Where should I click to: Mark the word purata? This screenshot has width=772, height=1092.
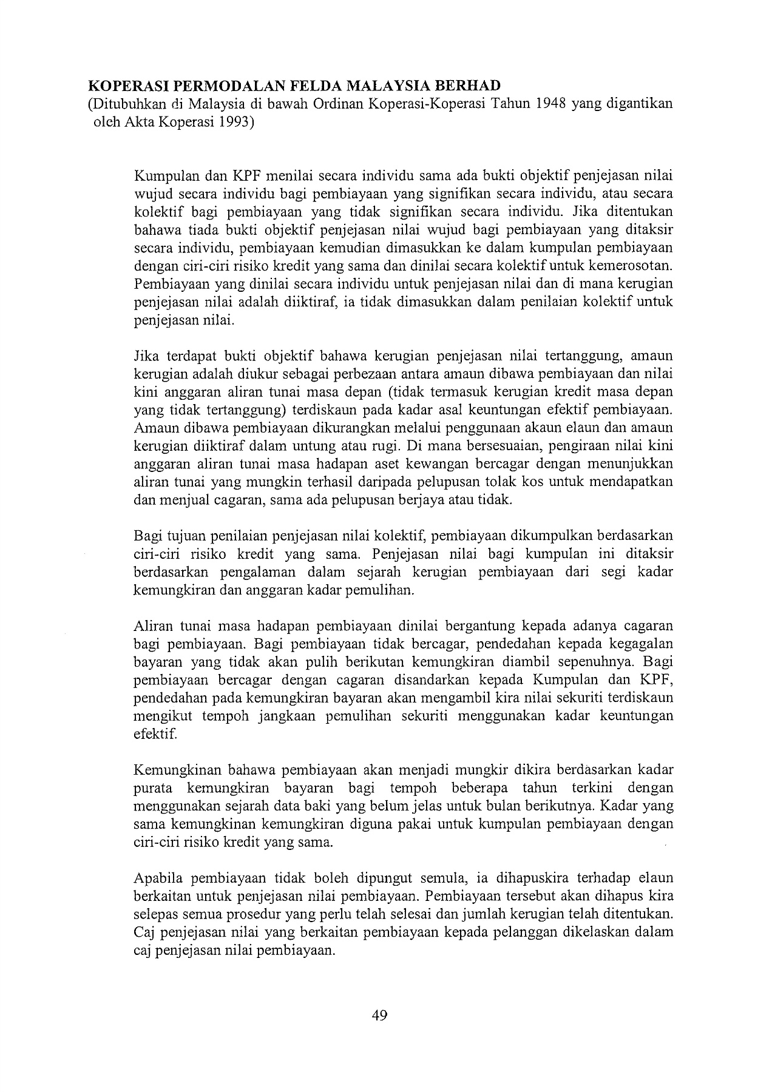point(152,788)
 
